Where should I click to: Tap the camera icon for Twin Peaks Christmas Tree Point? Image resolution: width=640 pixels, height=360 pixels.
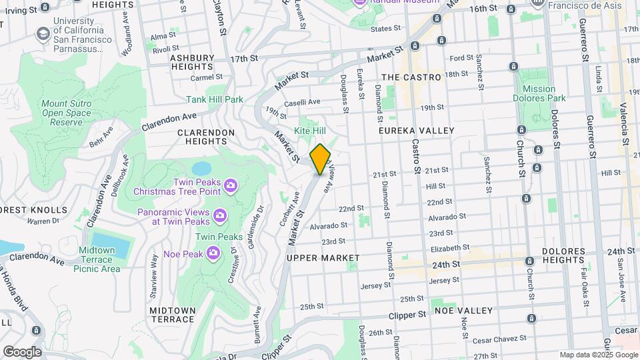[230, 185]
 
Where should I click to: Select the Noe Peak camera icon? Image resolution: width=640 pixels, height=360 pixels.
[213, 251]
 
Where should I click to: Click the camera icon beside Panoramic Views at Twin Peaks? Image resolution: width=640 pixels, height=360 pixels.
[219, 215]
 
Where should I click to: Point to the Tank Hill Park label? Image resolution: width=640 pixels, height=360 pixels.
[215, 99]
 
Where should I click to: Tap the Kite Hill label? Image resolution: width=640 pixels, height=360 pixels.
[310, 131]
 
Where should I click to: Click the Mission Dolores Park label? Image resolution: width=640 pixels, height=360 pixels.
[539, 93]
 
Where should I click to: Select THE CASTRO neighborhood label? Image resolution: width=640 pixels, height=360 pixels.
[413, 77]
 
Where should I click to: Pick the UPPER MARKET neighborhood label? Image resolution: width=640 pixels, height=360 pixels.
[323, 257]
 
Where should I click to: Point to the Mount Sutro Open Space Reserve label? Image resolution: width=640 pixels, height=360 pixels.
[66, 113]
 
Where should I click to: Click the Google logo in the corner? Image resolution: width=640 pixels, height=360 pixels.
[21, 351]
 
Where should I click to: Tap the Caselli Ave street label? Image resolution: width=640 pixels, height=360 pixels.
[302, 102]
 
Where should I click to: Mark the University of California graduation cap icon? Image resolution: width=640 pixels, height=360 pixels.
[43, 33]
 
